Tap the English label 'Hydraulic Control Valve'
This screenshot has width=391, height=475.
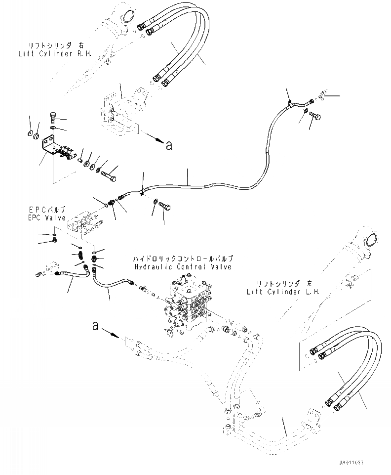(x=183, y=266)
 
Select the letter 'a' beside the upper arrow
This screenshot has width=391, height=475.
(x=169, y=145)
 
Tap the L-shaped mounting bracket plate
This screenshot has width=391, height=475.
(x=49, y=148)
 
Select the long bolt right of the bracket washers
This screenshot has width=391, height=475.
(x=109, y=174)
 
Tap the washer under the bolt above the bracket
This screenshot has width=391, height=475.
(x=53, y=129)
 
